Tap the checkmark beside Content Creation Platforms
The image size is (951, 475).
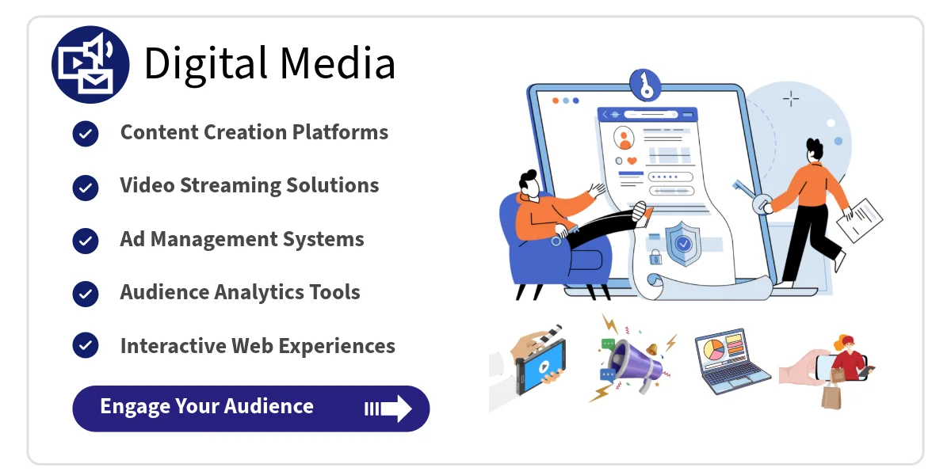(86, 133)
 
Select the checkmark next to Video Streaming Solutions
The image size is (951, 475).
(86, 187)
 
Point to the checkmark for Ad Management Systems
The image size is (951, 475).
(86, 241)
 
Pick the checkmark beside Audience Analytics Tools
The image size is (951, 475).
(86, 294)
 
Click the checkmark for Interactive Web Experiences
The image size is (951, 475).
(86, 347)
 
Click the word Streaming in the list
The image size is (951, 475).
(228, 186)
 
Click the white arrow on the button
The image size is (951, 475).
(389, 408)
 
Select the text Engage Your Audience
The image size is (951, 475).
(207, 407)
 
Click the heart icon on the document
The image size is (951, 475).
(632, 160)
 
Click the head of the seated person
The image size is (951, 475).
(529, 183)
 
